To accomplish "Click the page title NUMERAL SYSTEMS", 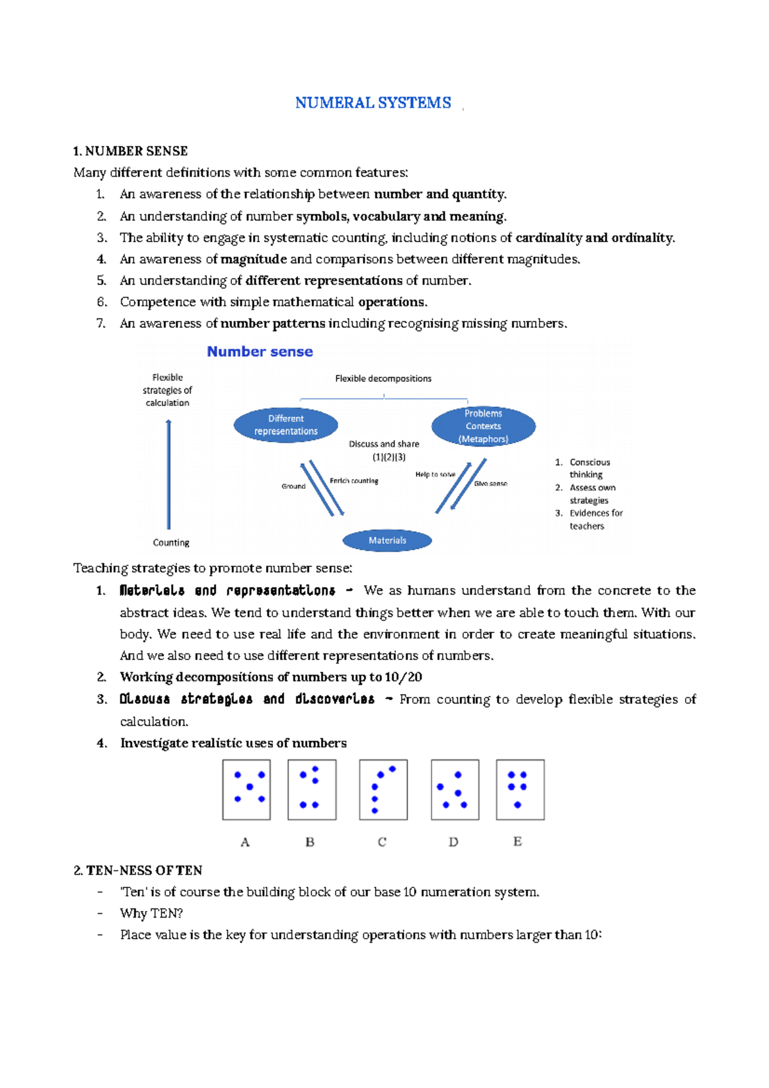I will coord(373,103).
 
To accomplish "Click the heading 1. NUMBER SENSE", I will coord(130,151).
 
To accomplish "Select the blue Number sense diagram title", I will coord(260,352).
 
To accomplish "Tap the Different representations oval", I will coord(286,425).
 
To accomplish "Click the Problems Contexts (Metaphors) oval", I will coord(483,426).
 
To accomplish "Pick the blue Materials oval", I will coord(387,541).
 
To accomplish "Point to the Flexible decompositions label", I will coord(383,379).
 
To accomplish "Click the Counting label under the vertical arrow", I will coord(171,543).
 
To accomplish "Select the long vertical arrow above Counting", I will coord(169,474).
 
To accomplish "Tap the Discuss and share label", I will coord(384,444).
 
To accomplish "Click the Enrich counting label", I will coord(354,481).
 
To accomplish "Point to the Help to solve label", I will coord(435,475).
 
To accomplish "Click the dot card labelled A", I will coord(247,789).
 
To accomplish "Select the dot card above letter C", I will coord(383,789).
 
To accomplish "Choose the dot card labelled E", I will coord(520,789).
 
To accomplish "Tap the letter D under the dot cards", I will coord(454,842).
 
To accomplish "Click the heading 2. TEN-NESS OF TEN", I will coord(138,870).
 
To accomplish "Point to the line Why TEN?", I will coord(151,913).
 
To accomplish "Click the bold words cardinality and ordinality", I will coord(595,238).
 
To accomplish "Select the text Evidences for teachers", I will coord(595,520).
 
